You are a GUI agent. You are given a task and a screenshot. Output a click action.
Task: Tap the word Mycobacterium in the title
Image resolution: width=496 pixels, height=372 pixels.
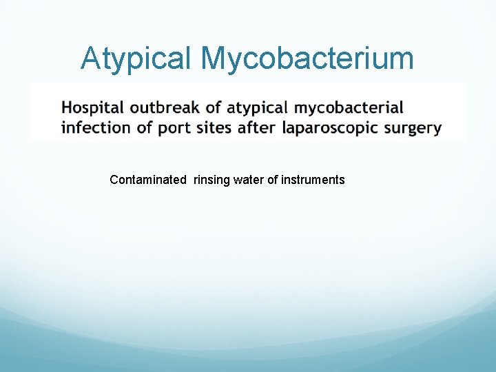click(x=307, y=59)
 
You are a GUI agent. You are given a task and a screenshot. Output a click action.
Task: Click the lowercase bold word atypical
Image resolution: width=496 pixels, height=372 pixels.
click(x=257, y=108)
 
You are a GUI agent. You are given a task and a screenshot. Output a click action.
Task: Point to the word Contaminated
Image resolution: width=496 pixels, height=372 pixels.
click(x=148, y=180)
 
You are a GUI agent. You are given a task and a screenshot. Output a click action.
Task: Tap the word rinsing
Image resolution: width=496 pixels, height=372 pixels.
click(x=212, y=180)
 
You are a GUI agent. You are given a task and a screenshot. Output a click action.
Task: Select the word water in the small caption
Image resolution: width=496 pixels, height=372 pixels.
click(x=247, y=180)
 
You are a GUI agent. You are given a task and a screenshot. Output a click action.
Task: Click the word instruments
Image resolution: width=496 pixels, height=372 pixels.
click(x=313, y=180)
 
